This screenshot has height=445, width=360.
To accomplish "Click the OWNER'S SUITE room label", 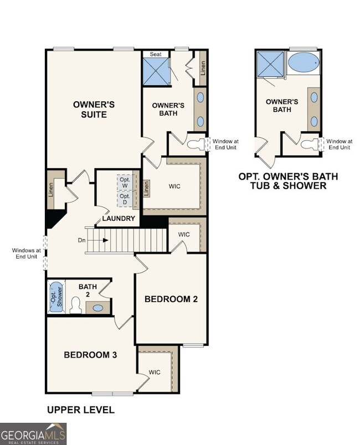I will pos(94,109).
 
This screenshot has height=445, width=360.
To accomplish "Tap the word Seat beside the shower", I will pos(156,54).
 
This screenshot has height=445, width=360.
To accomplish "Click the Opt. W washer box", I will pos(125,182).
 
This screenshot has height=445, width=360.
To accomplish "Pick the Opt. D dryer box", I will pos(125,199).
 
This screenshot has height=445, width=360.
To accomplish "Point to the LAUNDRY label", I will pos(119,219).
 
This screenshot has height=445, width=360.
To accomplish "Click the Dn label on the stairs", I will pos(81,240).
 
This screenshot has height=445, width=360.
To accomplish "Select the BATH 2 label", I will pos(87,290).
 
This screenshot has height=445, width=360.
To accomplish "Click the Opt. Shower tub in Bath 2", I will pos(56,297).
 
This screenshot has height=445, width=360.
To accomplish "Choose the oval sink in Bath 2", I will pos(98,308).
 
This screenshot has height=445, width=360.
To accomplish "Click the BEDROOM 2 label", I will pos(171,299).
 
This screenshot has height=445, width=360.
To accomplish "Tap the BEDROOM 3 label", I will pos(90,354).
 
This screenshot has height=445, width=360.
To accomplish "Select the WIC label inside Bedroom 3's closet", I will pos(155,372).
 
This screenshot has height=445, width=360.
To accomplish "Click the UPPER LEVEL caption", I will pos(80,410).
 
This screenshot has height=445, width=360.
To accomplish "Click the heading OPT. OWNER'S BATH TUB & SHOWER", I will pos(287,181).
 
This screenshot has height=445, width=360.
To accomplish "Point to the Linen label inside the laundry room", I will pos(147,188).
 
